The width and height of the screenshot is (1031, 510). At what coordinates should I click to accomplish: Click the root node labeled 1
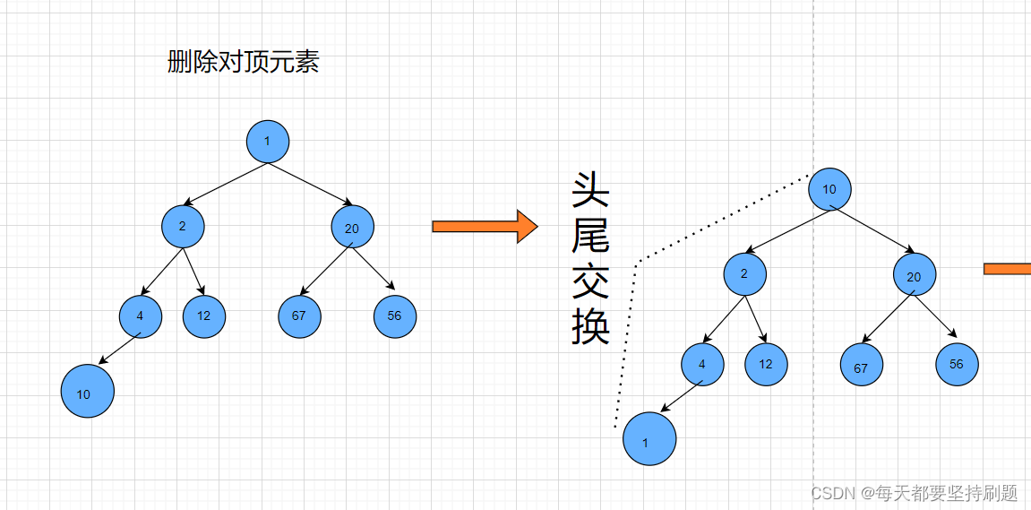(268, 142)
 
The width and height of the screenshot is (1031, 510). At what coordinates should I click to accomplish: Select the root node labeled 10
(829, 189)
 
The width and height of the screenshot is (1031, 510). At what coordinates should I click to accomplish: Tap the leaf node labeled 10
(88, 392)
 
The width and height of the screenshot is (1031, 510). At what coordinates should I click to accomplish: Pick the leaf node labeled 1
(649, 439)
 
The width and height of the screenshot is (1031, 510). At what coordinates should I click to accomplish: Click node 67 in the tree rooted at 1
(299, 316)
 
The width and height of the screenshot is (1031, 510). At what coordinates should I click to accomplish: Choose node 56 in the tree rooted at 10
(957, 364)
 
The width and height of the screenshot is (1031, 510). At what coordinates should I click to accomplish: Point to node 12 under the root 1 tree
(204, 316)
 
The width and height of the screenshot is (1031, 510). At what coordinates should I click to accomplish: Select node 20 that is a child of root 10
(914, 275)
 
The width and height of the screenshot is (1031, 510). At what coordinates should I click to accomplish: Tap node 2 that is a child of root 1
(183, 226)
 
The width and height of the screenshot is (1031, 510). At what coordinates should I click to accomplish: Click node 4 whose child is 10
(141, 316)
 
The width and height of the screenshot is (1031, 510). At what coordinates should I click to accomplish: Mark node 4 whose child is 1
(702, 364)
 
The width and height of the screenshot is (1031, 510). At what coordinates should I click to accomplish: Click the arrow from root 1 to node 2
(224, 185)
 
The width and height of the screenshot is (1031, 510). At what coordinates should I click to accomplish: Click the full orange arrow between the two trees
(484, 227)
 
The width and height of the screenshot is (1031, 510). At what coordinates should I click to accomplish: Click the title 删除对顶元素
(243, 62)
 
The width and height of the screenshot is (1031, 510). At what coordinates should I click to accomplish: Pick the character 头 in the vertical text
(590, 191)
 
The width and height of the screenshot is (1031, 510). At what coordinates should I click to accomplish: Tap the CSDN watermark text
(914, 493)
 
